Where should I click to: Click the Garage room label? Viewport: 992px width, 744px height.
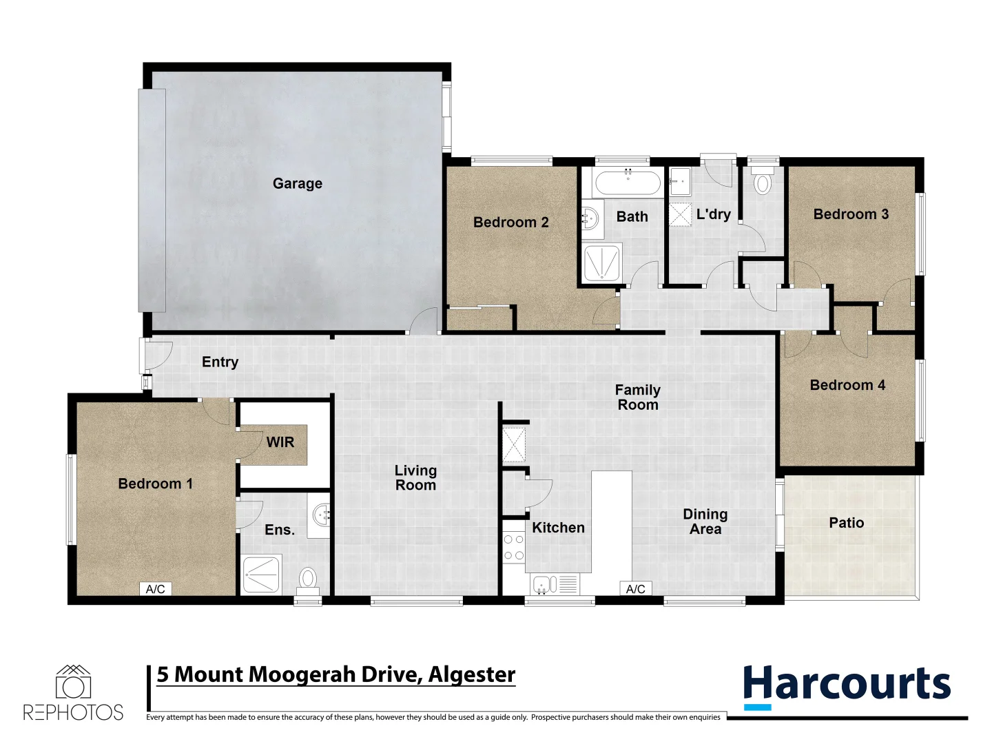[x=297, y=183]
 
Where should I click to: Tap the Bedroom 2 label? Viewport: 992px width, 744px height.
[x=510, y=223]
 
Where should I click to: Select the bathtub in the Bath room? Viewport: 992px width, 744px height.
[x=627, y=183]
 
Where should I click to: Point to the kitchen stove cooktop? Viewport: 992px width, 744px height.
[x=513, y=548]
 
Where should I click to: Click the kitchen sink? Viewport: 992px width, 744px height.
[x=544, y=585]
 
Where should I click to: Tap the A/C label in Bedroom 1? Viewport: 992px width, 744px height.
[x=156, y=589]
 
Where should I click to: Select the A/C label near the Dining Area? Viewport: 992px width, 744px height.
[x=635, y=589]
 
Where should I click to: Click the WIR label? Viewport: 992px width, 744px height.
[x=280, y=442]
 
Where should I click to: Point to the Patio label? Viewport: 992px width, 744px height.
[x=846, y=523]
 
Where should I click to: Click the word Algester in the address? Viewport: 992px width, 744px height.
[x=472, y=674]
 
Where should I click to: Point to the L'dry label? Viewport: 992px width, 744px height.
[x=713, y=214]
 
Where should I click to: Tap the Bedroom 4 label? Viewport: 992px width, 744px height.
[x=847, y=385]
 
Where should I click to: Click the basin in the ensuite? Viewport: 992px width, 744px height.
[x=321, y=515]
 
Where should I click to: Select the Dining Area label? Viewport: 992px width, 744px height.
[x=705, y=521]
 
